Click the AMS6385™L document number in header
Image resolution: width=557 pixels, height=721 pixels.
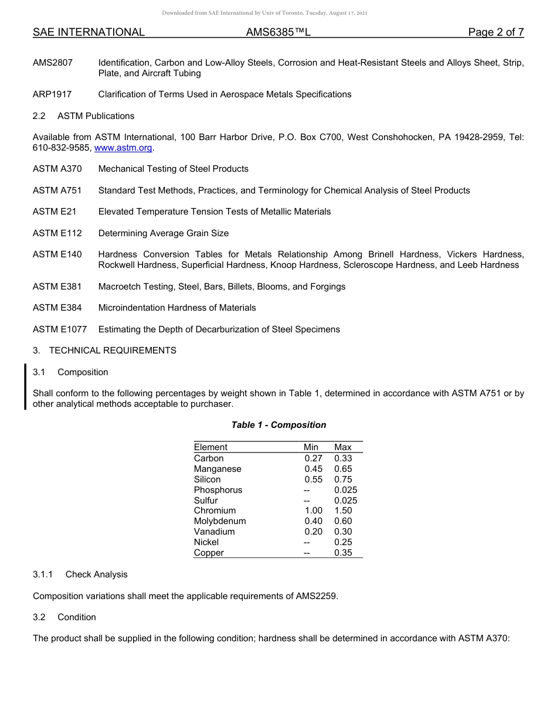pyautogui.click(x=278, y=33)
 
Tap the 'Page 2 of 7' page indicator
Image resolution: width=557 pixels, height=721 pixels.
pyautogui.click(x=495, y=33)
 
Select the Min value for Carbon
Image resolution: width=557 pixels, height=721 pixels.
pyautogui.click(x=313, y=458)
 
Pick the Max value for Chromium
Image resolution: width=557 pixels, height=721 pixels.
pyautogui.click(x=343, y=511)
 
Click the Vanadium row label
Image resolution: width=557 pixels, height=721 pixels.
pyautogui.click(x=215, y=532)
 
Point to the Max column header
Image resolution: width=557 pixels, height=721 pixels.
pyautogui.click(x=343, y=447)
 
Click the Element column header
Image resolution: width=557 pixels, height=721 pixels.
pyautogui.click(x=210, y=447)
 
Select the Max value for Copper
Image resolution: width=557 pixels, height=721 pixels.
pyautogui.click(x=343, y=553)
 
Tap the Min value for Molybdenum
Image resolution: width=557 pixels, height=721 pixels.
pyautogui.click(x=313, y=521)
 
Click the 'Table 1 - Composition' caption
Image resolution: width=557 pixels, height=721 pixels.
pyautogui.click(x=278, y=425)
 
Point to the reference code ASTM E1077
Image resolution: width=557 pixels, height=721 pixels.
pyautogui.click(x=60, y=329)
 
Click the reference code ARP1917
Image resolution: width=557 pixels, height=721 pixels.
pyautogui.click(x=53, y=94)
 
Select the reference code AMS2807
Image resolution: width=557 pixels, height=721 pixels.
pyautogui.click(x=53, y=62)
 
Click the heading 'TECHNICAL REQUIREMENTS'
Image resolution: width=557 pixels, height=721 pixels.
pyautogui.click(x=113, y=351)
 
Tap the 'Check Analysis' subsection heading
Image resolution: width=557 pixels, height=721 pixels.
pyautogui.click(x=96, y=574)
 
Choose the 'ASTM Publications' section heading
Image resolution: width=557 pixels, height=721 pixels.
pyautogui.click(x=96, y=116)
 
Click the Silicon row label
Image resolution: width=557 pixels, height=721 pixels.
pyautogui.click(x=208, y=479)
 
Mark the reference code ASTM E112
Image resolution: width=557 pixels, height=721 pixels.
pyautogui.click(x=57, y=233)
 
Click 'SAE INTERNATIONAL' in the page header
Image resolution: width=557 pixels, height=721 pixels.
pyautogui.click(x=89, y=33)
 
